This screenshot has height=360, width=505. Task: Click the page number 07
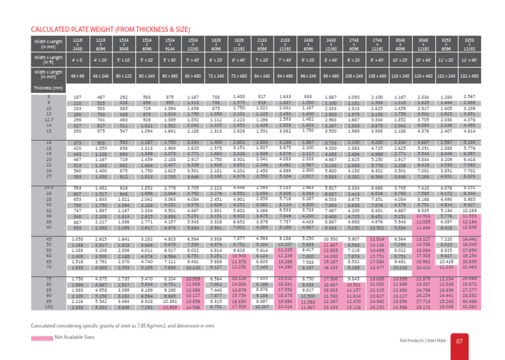[479, 342]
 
